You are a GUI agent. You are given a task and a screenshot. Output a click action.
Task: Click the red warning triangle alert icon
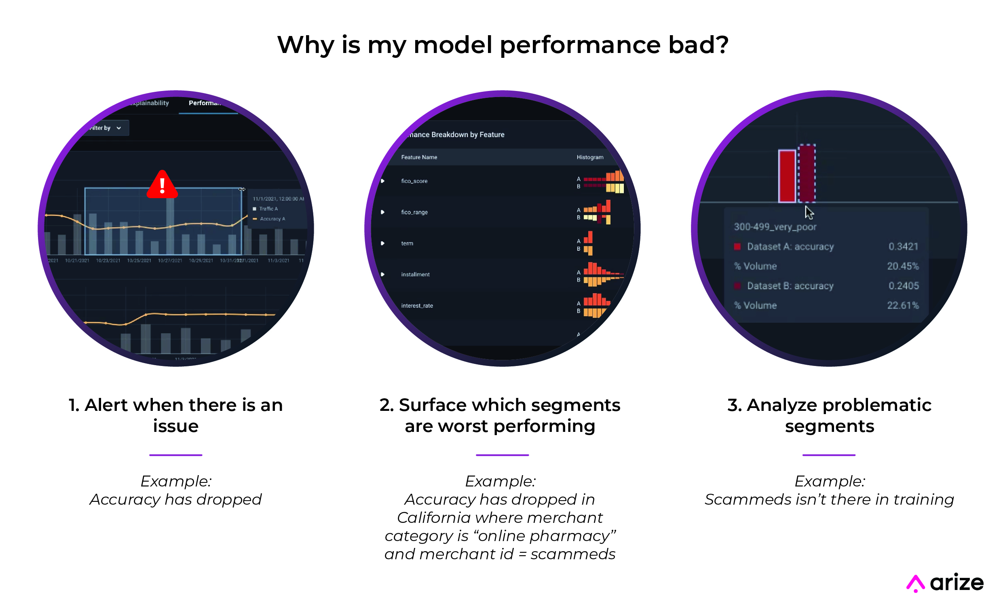163,185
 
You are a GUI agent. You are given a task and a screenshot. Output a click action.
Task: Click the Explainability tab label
150,103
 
